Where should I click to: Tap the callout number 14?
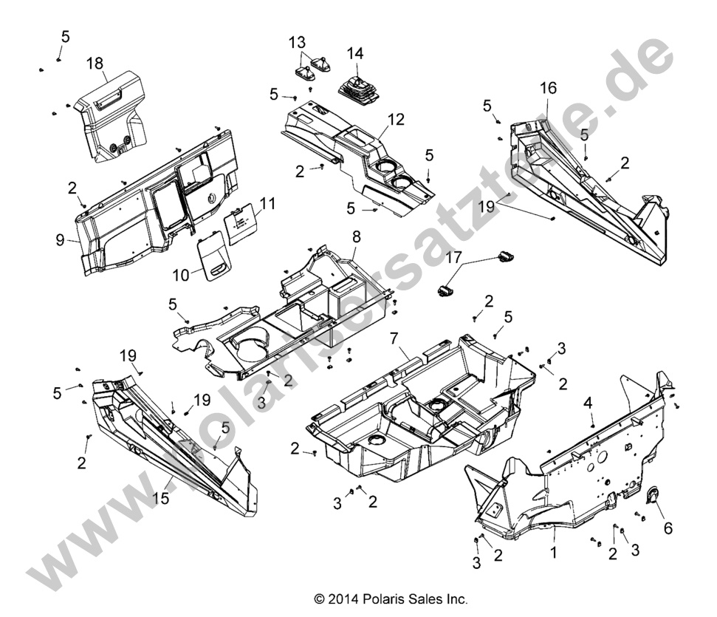coord(355,53)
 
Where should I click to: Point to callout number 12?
coord(397,119)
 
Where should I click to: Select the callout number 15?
coord(162,499)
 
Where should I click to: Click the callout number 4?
coord(588,403)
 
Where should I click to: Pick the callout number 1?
coord(552,551)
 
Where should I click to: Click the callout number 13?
coord(296,40)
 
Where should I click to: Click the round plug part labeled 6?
coord(653,497)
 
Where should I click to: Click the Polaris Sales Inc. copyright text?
coord(391,599)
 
